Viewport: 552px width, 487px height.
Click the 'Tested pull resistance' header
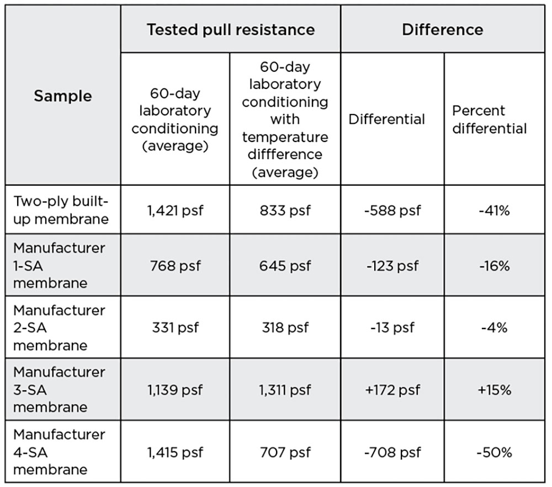pyautogui.click(x=231, y=29)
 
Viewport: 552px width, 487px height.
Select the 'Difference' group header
pyautogui.click(x=442, y=29)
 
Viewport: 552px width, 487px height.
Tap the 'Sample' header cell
pyautogui.click(x=63, y=96)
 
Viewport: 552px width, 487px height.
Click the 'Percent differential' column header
pyautogui.click(x=489, y=119)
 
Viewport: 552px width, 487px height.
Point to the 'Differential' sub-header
pyautogui.click(x=386, y=119)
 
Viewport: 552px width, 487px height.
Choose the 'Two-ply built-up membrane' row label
pyautogui.click(x=61, y=210)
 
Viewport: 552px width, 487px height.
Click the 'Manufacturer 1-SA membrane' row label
pyautogui.click(x=59, y=265)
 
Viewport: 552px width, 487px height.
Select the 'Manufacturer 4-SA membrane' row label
pyautogui.click(x=59, y=452)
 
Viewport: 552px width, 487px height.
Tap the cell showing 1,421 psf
pyautogui.click(x=175, y=210)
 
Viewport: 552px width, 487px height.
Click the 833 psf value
pyautogui.click(x=285, y=210)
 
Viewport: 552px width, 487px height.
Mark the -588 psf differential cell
pyautogui.click(x=392, y=210)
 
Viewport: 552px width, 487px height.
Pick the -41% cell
pyautogui.click(x=495, y=210)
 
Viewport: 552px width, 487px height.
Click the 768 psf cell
pyautogui.click(x=175, y=266)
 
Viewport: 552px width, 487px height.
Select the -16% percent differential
pyautogui.click(x=495, y=266)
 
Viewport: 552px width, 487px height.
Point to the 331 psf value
pyautogui.click(x=175, y=327)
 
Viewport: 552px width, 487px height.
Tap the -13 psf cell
pyautogui.click(x=392, y=327)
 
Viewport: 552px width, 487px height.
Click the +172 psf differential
pyautogui.click(x=392, y=390)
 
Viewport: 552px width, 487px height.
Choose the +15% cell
pyautogui.click(x=495, y=390)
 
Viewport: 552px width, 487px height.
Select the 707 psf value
pyautogui.click(x=285, y=453)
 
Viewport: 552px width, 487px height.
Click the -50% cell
pyautogui.click(x=495, y=453)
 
